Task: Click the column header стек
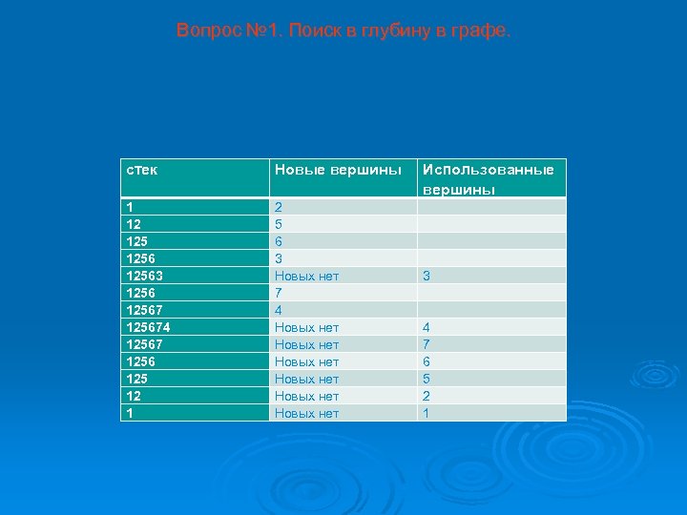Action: click(x=142, y=170)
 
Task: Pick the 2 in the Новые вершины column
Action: click(x=278, y=207)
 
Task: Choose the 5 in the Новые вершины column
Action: click(x=278, y=224)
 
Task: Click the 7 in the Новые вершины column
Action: click(x=278, y=293)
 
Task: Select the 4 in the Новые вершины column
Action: click(x=278, y=310)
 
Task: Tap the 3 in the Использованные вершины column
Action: click(x=427, y=276)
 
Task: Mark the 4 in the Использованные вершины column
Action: click(x=427, y=327)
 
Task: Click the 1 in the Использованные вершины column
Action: click(x=427, y=413)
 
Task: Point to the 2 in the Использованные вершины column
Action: click(x=427, y=396)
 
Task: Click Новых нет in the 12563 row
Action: click(x=306, y=276)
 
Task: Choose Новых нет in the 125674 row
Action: click(x=306, y=327)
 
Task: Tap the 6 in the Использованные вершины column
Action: click(x=427, y=361)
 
